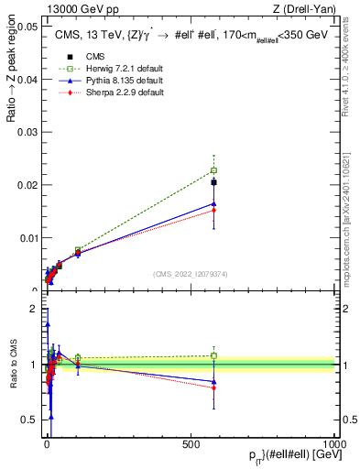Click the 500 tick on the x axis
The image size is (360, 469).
coord(191,442)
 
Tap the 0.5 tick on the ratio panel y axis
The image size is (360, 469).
coord(31,420)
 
